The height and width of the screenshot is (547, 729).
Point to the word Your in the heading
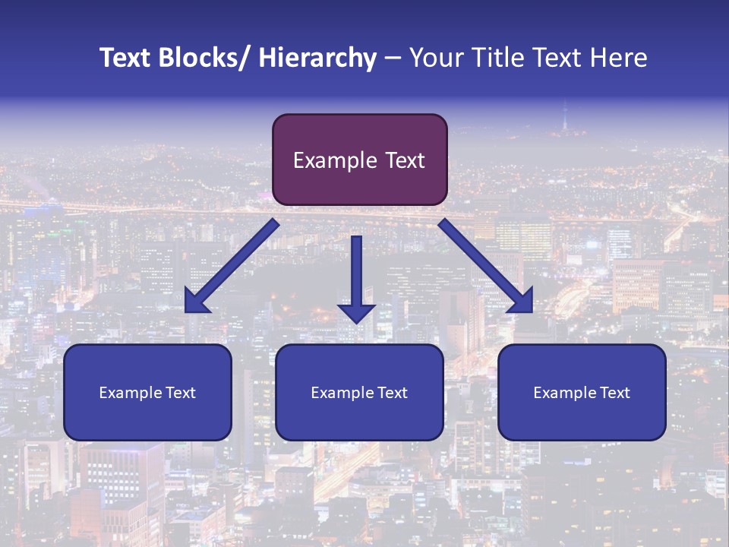click(434, 58)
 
